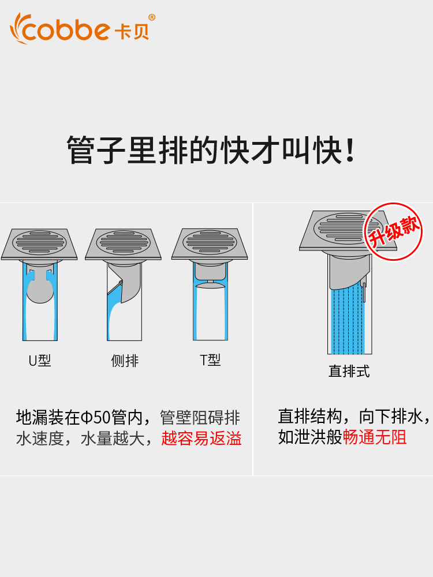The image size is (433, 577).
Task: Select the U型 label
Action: coord(40,361)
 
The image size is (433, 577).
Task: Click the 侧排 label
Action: coord(125,361)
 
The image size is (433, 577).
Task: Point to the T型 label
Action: coord(210,360)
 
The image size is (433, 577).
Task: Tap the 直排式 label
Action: coord(349,371)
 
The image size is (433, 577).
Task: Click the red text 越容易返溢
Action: coord(201,439)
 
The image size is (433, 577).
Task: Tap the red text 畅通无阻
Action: coord(375,437)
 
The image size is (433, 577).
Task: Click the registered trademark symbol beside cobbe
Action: coord(152,17)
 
